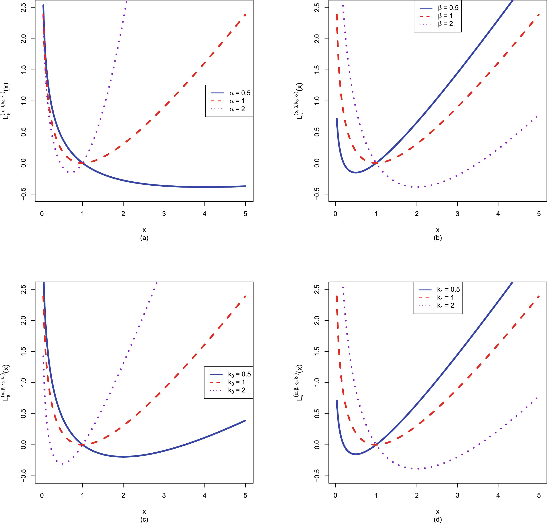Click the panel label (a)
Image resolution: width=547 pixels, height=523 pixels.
144,238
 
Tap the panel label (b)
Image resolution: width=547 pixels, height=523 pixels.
438,238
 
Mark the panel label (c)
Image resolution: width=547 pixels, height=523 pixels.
144,519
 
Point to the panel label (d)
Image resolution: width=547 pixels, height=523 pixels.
438,519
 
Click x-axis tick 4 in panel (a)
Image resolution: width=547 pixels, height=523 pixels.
204,214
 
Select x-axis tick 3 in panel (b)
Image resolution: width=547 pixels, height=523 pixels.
457,214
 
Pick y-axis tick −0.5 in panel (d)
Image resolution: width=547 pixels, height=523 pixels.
317,476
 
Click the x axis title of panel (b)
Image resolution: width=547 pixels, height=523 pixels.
438,230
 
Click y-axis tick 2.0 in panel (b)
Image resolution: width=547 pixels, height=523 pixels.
317,39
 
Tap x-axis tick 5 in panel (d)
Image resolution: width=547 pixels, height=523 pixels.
539,495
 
